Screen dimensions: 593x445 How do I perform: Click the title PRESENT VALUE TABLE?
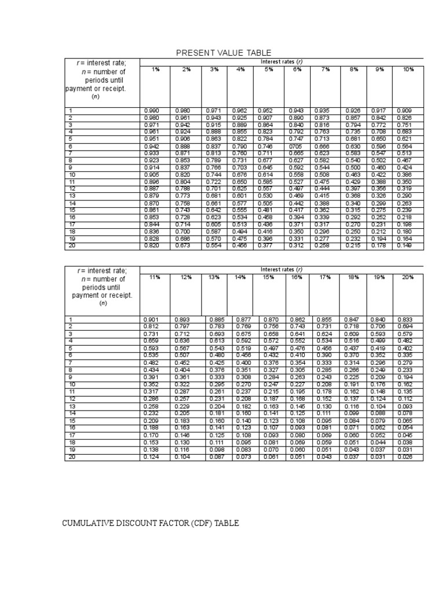coord(224,53)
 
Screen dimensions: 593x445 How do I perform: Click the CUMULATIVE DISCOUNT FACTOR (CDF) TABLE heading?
coord(150,524)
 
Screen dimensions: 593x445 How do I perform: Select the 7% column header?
coord(326,69)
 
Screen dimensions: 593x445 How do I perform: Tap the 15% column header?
coord(268,277)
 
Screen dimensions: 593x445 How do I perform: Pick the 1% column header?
coord(156,69)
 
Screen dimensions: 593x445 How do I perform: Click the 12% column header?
coord(185,277)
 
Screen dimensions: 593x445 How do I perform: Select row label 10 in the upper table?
coord(72,174)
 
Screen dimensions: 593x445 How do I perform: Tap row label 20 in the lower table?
coord(72,457)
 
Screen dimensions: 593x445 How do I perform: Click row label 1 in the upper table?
coord(71,110)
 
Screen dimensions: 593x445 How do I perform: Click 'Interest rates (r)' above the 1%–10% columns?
coord(282,61)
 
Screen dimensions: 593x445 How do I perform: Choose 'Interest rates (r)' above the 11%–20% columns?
coord(282,269)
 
